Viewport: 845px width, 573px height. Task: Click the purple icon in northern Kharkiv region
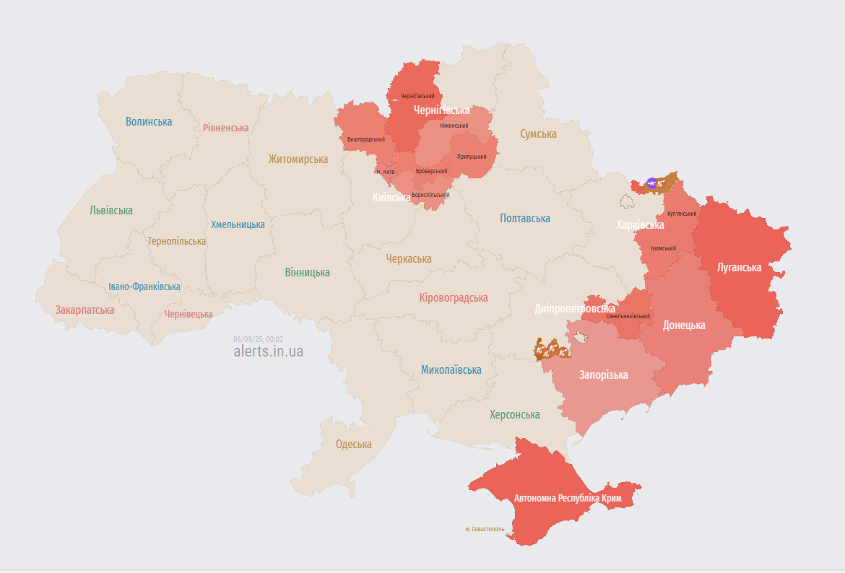(x=652, y=184)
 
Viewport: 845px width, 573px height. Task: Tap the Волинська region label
(x=149, y=121)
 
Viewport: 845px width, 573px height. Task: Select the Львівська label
(x=111, y=211)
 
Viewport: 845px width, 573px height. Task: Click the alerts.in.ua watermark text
(x=268, y=351)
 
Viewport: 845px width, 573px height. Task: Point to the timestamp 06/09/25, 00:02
(x=258, y=339)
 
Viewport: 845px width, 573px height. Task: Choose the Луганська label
(x=739, y=267)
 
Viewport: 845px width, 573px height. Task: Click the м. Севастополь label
(x=484, y=529)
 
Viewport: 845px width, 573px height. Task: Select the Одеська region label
(x=353, y=444)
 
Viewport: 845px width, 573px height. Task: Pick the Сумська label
(x=538, y=134)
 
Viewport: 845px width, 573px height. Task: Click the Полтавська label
(x=524, y=218)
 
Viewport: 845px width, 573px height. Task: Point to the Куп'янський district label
(x=682, y=214)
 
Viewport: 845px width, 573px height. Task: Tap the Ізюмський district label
(x=663, y=248)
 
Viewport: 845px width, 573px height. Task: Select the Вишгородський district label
(x=365, y=139)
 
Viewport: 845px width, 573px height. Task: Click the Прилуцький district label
(x=471, y=157)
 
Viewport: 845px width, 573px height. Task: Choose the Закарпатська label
(x=84, y=310)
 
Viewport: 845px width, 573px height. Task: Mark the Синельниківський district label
(x=628, y=316)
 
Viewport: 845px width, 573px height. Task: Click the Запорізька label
(x=603, y=375)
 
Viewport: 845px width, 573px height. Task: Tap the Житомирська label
(x=298, y=159)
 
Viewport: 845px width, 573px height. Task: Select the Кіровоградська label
(x=453, y=297)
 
